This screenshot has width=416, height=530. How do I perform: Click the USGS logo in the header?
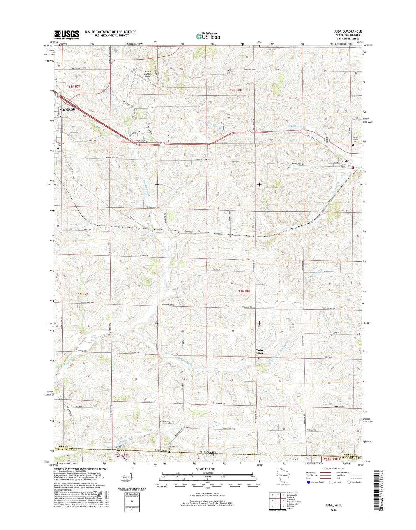(67, 35)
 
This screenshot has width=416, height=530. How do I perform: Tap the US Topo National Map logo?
(208, 36)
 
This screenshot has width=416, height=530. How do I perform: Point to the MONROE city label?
(67, 110)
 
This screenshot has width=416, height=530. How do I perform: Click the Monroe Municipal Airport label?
(148, 74)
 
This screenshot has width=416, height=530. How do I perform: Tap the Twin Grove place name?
(260, 352)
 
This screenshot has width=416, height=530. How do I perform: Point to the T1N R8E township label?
(244, 291)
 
